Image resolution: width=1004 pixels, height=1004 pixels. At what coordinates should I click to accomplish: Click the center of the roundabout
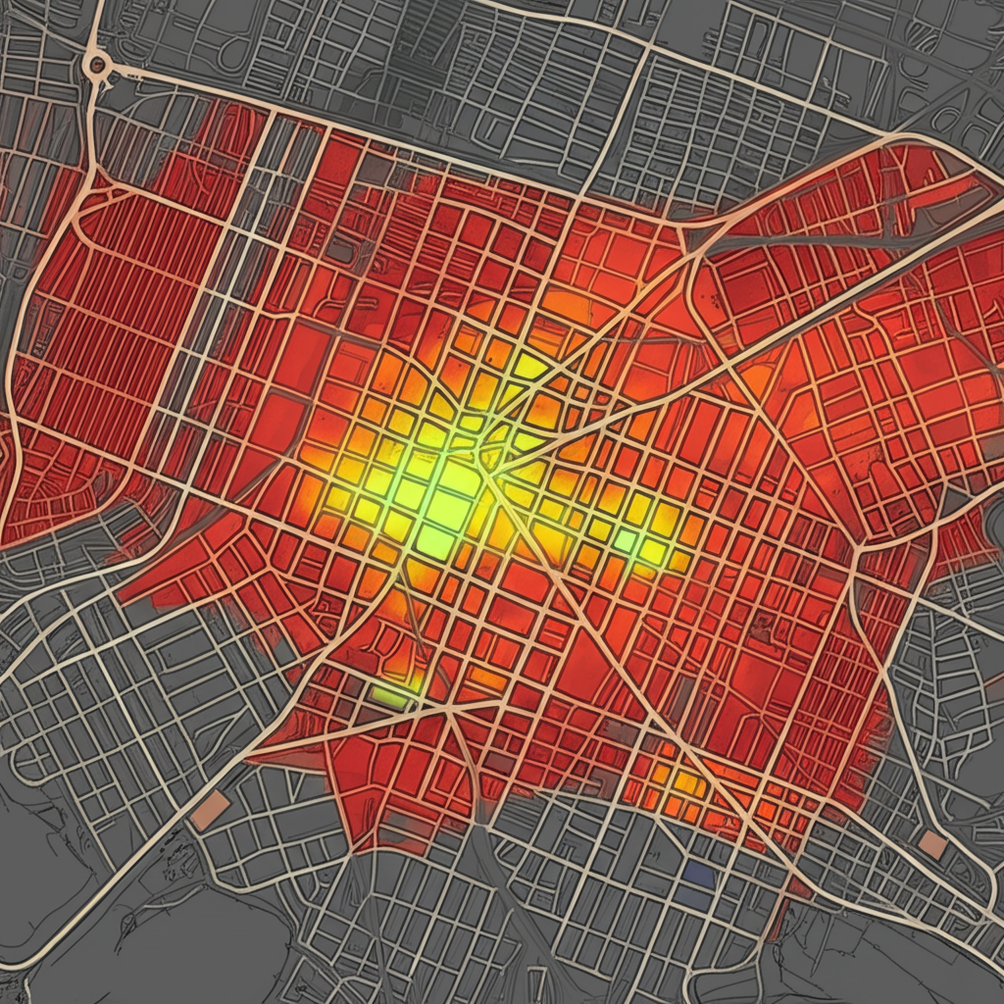point(97,66)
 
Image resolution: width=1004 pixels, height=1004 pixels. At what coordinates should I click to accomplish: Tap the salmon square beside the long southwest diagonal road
point(210,812)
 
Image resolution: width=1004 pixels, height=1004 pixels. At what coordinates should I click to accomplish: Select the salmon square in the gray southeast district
point(932,844)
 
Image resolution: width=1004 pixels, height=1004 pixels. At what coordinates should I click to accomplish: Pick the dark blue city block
point(698,875)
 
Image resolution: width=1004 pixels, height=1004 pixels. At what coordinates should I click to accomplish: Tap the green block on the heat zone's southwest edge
point(390,695)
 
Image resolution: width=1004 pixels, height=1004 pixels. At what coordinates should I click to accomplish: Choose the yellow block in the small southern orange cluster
point(686,782)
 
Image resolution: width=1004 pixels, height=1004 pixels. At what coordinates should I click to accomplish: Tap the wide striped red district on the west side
point(108,294)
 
